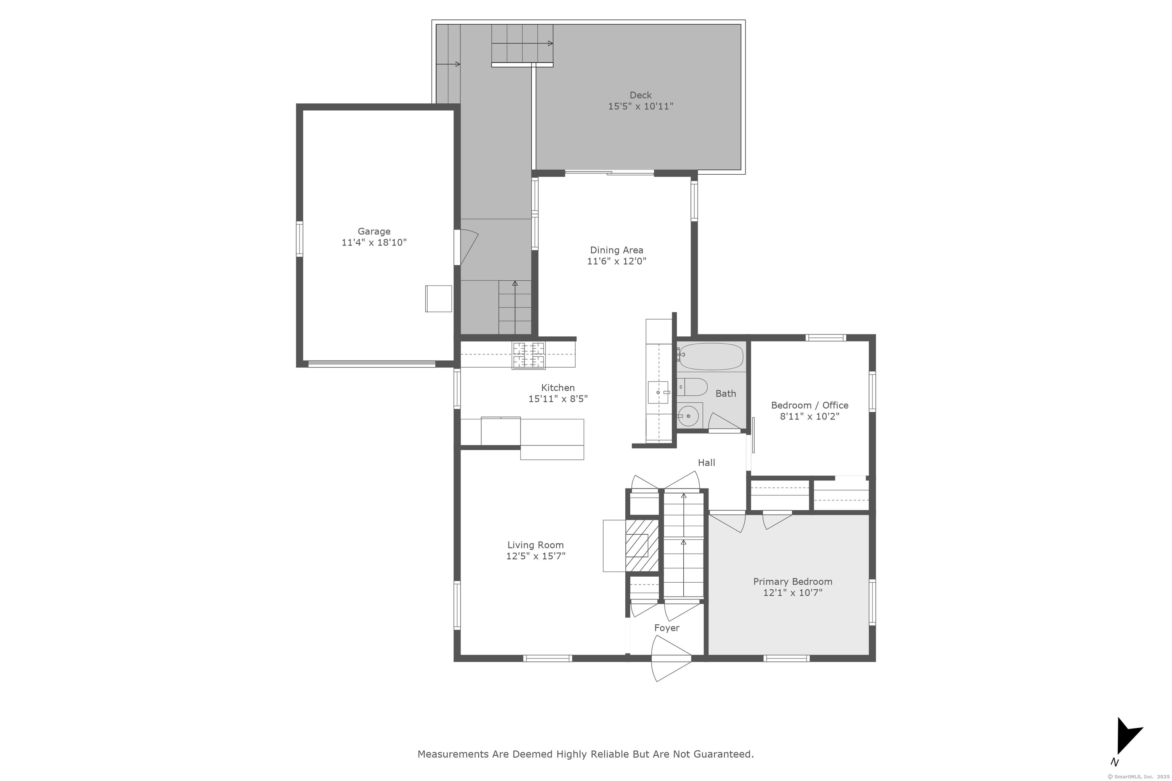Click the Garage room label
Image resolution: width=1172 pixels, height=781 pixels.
pos(374,231)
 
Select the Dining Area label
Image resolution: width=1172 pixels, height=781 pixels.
pos(617,250)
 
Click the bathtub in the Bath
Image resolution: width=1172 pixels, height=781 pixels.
pos(711,357)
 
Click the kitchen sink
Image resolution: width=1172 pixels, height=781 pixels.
pos(658,392)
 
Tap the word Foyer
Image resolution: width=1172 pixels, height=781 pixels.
pos(667,628)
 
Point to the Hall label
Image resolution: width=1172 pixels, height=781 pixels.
pos(706,463)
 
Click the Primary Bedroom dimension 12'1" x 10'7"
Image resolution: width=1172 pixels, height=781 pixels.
pos(792,593)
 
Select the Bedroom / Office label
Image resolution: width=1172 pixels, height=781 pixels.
pos(810,405)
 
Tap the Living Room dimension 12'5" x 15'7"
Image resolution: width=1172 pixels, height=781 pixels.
pos(536,556)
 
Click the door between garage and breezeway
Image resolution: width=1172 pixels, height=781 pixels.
pos(466,247)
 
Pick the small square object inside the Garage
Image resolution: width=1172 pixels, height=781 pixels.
pos(438,299)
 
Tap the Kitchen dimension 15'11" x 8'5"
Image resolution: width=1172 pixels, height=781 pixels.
pos(558,399)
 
